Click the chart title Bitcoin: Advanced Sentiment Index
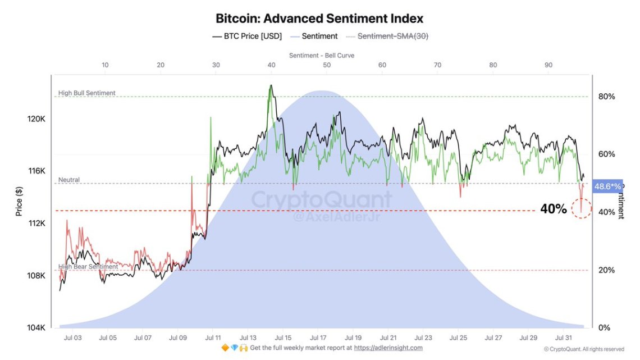coord(319,18)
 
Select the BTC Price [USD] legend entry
coord(247,36)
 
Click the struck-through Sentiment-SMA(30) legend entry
coord(387,36)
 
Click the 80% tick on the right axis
coord(606,97)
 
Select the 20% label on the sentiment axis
coord(606,270)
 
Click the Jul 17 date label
coord(318,338)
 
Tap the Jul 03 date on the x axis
coord(73,338)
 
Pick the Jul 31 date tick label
coord(564,338)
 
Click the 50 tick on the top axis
coord(327,65)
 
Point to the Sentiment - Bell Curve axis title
coord(322,56)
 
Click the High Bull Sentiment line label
coord(87,93)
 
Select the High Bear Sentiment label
coord(88,267)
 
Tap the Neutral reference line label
coord(69,180)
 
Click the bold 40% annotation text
coord(553,209)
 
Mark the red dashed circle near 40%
coord(582,208)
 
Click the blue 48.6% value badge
coord(607,186)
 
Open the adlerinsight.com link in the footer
coord(388,348)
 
